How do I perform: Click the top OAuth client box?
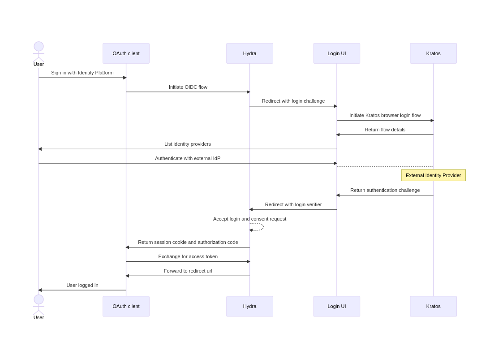[126, 53]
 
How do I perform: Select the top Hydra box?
[249, 53]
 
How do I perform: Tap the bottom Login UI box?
[336, 306]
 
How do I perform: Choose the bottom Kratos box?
[433, 306]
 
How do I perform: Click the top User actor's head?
[39, 46]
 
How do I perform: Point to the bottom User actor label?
[39, 317]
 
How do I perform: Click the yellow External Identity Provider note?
[433, 175]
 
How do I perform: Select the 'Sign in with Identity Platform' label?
[82, 73]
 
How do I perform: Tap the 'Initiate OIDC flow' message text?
[188, 87]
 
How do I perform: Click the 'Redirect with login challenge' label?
[293, 101]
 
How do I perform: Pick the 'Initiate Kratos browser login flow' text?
[385, 115]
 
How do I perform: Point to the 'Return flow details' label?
[385, 130]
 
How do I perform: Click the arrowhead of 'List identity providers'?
[40, 149]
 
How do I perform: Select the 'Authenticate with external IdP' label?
[188, 158]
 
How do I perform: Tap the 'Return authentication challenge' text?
[385, 190]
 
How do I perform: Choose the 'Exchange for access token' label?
[188, 256]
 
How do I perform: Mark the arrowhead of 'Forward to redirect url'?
[128, 276]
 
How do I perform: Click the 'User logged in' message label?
[82, 285]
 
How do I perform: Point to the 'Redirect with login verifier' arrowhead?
[251, 209]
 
